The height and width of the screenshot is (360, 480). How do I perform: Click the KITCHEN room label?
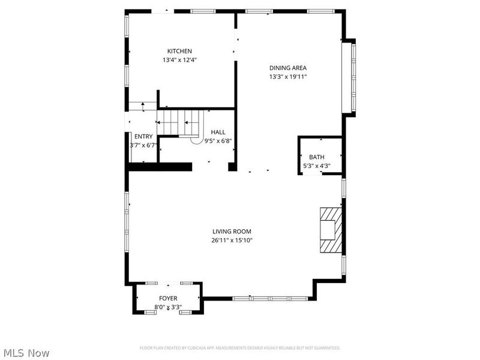(179, 51)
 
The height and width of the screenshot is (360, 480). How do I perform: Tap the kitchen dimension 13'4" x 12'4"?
(179, 60)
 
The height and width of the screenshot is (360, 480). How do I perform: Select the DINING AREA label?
(288, 68)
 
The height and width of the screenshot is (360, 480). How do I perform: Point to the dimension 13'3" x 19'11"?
(288, 77)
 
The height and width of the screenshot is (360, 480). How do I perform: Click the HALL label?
(218, 132)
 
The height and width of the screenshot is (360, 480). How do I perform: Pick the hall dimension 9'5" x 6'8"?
(218, 141)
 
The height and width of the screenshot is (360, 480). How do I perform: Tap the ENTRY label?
(143, 136)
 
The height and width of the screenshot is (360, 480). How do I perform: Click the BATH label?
(316, 157)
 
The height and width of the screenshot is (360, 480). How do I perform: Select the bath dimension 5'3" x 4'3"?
(316, 166)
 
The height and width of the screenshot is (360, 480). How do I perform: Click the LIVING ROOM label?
(232, 231)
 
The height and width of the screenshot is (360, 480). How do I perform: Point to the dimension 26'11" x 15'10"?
(232, 241)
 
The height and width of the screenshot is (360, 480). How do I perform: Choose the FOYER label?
(168, 298)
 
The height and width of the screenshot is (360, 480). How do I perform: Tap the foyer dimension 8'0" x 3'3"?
(168, 307)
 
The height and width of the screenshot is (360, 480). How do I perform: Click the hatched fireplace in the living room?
(331, 230)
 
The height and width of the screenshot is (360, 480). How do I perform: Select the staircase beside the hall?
(179, 122)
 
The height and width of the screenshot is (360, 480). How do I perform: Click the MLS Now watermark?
(26, 353)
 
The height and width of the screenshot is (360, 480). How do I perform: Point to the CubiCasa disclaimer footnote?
(240, 348)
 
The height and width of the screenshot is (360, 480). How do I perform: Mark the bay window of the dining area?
(348, 77)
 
